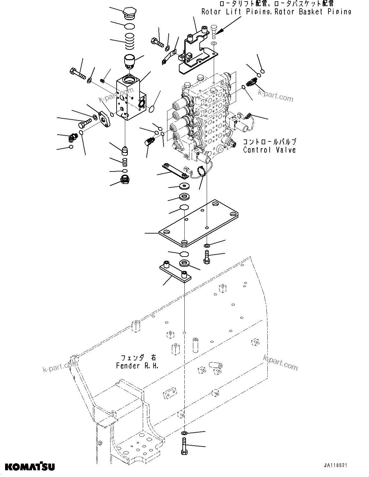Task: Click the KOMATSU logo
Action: [x=29, y=466]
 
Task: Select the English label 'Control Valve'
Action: [x=269, y=150]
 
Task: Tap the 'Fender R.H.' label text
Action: [x=137, y=366]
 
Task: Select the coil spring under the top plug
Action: [x=130, y=42]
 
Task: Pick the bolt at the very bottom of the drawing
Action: [x=185, y=447]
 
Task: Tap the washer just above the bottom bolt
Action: [x=185, y=433]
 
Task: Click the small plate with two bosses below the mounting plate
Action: [x=175, y=272]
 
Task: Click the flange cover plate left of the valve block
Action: [x=104, y=119]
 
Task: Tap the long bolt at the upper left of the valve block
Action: [x=77, y=72]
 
